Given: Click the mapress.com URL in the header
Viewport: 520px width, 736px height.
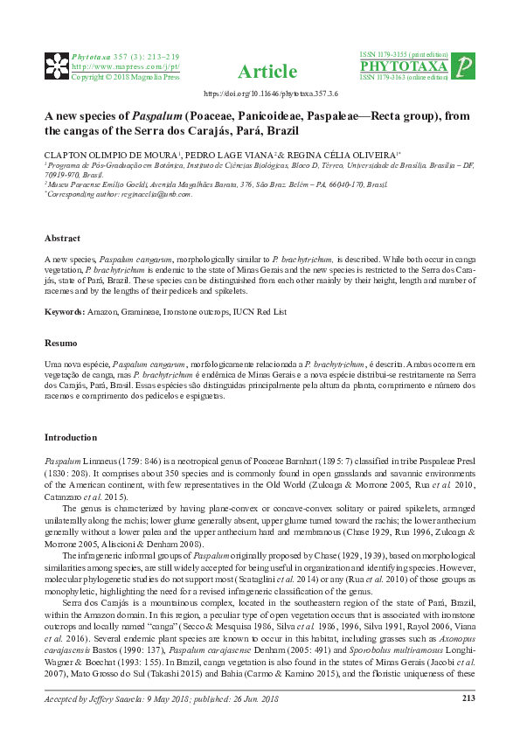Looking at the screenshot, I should [x=125, y=66].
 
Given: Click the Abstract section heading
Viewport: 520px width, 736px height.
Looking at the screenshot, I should [x=62, y=239].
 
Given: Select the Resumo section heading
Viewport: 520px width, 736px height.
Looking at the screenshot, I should [x=60, y=344].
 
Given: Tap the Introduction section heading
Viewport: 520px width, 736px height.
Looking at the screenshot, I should [x=71, y=437].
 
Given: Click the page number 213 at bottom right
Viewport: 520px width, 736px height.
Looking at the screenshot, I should [x=468, y=722].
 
